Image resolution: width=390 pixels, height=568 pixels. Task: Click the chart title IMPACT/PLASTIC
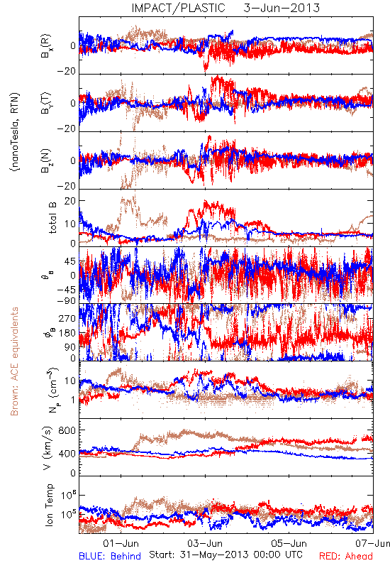[178, 8]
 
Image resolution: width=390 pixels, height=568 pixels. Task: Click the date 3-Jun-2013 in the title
[282, 8]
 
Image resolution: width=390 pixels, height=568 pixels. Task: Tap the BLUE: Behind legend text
[110, 556]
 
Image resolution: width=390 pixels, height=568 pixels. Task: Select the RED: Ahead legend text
[346, 556]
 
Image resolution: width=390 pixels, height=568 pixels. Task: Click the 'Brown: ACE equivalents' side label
[14, 361]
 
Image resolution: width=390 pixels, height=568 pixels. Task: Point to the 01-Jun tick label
[121, 543]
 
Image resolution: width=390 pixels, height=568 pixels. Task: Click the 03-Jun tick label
[205, 543]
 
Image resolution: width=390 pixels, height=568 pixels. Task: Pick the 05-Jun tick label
[289, 543]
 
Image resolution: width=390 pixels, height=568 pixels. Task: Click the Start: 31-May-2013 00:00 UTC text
[225, 555]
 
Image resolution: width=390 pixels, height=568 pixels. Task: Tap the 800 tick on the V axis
[67, 430]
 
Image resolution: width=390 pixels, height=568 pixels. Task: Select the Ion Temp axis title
[50, 505]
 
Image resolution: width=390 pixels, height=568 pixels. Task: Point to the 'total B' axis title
[52, 218]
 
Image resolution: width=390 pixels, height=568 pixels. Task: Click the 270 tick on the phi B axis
[67, 318]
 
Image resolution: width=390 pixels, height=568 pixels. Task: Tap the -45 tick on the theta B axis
[66, 290]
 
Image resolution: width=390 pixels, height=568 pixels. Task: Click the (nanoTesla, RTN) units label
[15, 132]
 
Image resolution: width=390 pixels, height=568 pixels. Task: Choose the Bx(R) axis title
[46, 45]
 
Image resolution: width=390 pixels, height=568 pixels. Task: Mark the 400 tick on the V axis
[67, 454]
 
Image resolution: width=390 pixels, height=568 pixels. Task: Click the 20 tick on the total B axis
[70, 201]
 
